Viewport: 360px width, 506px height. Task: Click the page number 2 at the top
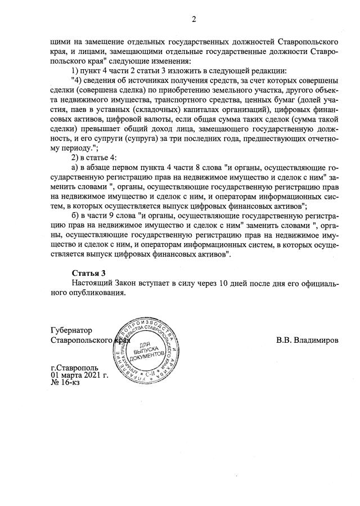point(193,19)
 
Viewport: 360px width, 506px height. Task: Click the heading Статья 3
point(89,273)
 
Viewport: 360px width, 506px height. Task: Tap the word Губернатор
point(71,330)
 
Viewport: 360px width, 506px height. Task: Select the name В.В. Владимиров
point(307,341)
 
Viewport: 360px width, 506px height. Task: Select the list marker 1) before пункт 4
point(77,70)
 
